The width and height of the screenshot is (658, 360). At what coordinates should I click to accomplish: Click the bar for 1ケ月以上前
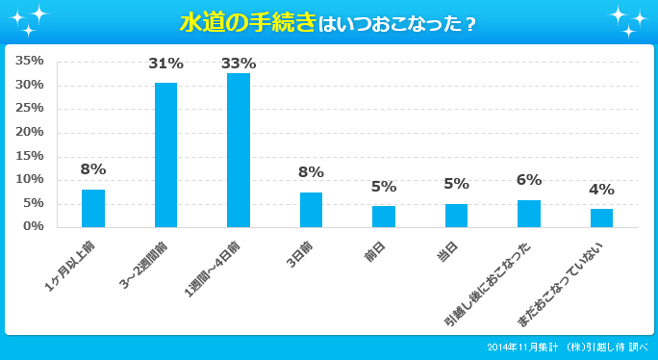coord(93,208)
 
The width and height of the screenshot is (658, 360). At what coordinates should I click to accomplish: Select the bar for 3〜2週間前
coord(165,155)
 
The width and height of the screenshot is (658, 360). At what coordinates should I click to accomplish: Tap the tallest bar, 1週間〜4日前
coord(239,150)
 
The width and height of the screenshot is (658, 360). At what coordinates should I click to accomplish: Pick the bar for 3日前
coord(311,209)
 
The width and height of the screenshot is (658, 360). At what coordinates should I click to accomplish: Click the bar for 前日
coord(384,216)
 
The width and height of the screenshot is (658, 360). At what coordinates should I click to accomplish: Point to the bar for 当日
coord(456,215)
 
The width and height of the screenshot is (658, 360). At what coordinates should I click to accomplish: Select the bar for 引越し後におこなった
coord(529,213)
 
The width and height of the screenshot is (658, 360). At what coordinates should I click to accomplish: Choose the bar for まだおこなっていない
coord(601,218)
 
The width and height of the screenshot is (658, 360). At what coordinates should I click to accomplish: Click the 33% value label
coord(239,64)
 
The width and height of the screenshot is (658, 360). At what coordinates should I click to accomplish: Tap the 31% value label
coord(165,64)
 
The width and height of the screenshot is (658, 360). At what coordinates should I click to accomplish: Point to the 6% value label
coord(529,179)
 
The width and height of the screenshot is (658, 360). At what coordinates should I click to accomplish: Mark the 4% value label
coord(601,189)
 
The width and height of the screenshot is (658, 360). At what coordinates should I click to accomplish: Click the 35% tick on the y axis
coord(30,61)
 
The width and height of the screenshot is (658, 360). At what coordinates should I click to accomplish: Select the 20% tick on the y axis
coord(30,132)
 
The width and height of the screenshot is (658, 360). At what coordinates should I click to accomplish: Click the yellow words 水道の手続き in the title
coord(247,22)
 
